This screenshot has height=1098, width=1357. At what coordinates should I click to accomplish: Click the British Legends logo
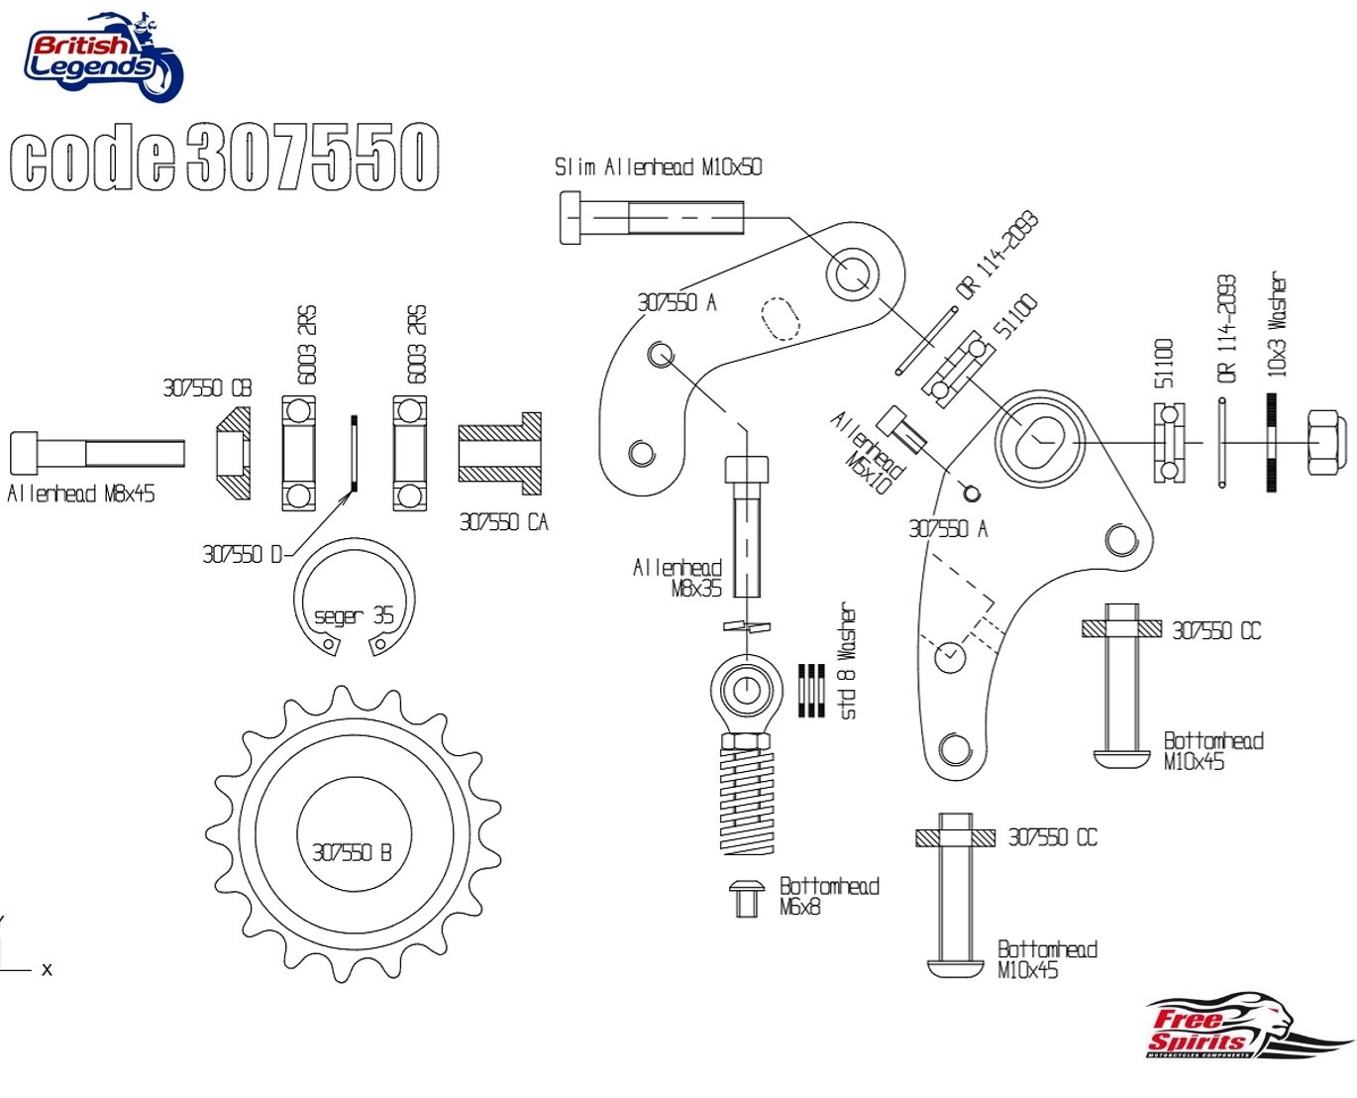click(103, 57)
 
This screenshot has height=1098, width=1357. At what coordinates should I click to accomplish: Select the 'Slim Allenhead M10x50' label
click(658, 166)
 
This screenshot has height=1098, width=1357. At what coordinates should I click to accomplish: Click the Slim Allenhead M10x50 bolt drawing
click(651, 217)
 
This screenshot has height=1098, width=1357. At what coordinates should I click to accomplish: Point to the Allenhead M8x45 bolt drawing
click(96, 453)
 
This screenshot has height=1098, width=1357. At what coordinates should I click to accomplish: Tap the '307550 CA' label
click(503, 522)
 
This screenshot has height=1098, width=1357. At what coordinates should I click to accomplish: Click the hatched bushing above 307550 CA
click(500, 454)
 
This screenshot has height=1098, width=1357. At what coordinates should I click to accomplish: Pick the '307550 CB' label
click(207, 387)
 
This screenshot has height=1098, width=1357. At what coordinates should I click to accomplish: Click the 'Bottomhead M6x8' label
click(828, 896)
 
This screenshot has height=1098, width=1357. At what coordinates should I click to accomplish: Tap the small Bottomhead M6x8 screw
click(746, 898)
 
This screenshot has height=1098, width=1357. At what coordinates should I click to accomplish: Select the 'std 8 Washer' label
click(848, 661)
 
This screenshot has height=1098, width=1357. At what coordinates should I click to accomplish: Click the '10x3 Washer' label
click(1278, 324)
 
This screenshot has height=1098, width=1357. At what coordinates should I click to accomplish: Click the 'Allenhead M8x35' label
click(678, 578)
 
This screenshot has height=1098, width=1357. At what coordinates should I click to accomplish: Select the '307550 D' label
click(242, 554)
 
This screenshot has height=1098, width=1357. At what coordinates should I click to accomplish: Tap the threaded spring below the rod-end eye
click(748, 800)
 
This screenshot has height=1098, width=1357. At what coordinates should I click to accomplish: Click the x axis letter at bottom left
click(47, 969)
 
